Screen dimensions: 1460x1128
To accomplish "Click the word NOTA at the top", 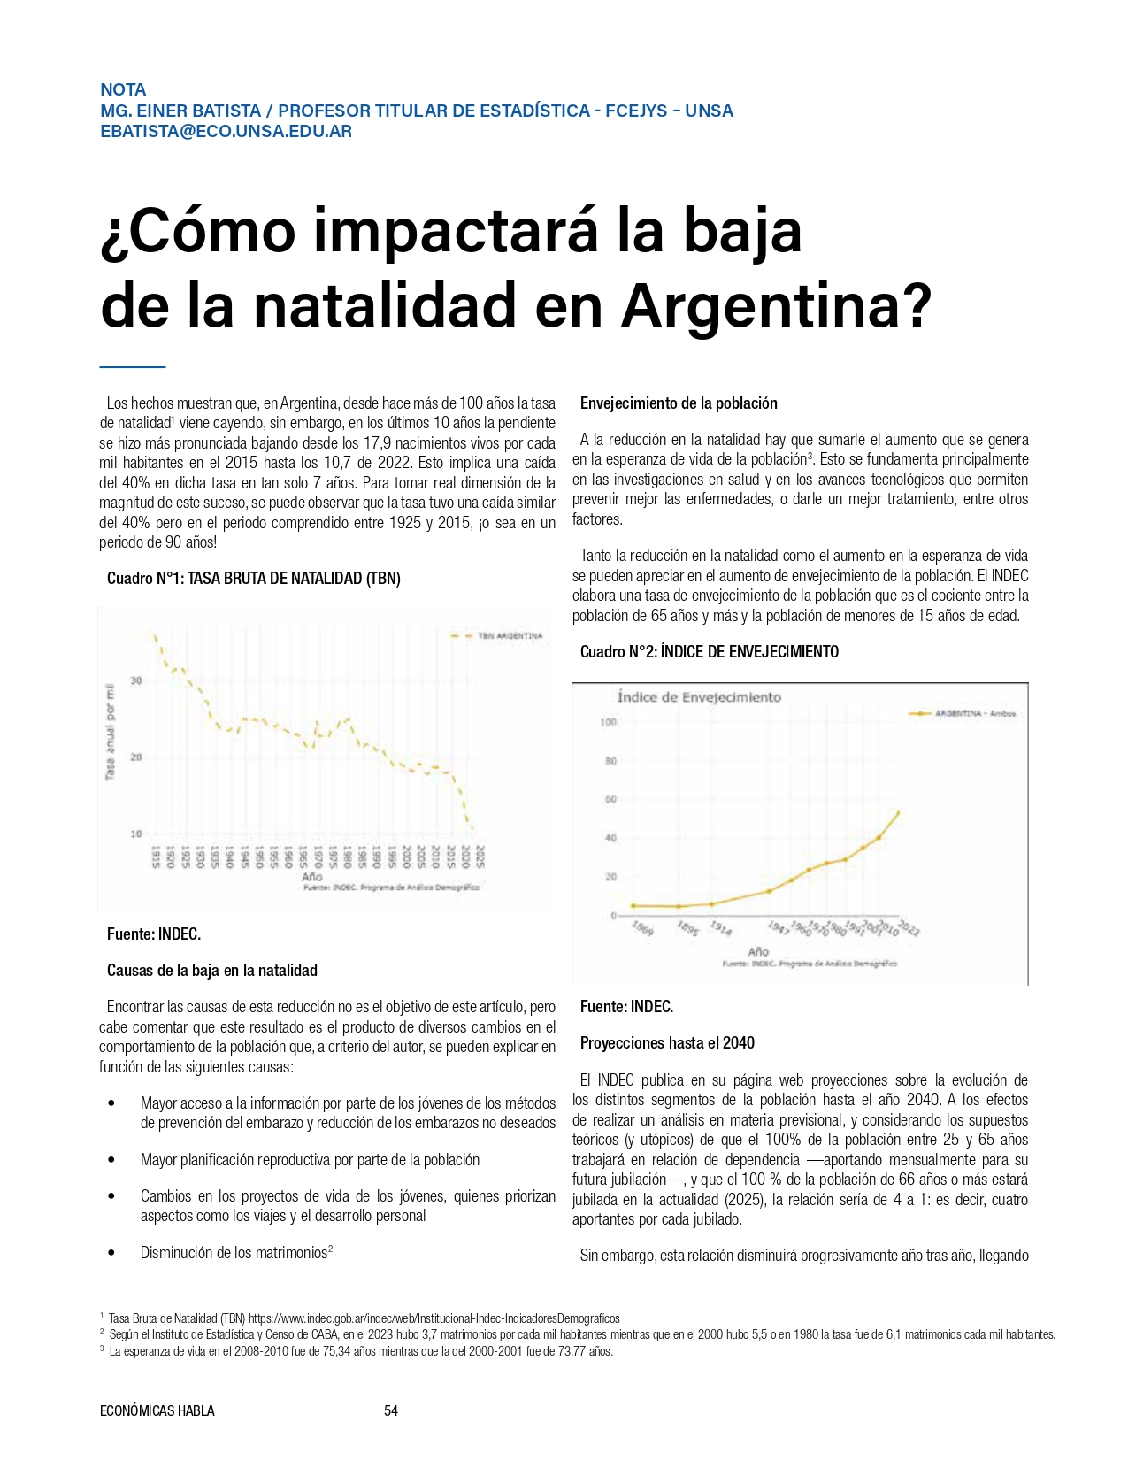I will pos(123,89).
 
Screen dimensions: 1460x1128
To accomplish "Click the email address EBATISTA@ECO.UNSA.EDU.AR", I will pos(226,132).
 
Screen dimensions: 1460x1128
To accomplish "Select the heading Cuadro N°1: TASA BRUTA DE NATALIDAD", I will pos(253,579).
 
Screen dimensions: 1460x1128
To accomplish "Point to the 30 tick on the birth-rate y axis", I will pos(136,680).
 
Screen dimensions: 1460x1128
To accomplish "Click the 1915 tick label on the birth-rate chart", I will pos(156,857).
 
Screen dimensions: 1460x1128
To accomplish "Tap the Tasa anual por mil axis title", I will pos(111,732).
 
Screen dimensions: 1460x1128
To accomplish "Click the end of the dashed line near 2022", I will pos(471,827).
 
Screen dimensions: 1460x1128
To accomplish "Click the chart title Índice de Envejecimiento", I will pos(699,697).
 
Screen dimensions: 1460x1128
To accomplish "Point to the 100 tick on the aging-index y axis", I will pos(608,722).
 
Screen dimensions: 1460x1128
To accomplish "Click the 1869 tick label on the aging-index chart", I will pos(643,928).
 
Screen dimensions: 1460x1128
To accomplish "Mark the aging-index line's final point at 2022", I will pos(899,811).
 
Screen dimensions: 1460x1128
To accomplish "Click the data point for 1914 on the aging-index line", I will pos(711,903).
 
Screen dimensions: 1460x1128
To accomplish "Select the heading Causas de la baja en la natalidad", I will pos(212,971).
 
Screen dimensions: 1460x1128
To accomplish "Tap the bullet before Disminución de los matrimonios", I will pos(111,1253).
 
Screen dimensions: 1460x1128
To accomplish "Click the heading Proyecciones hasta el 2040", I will pos(667,1043).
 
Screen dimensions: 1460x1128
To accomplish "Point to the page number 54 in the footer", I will pos(391,1410).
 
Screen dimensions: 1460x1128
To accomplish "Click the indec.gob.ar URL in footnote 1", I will pos(434,1318).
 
